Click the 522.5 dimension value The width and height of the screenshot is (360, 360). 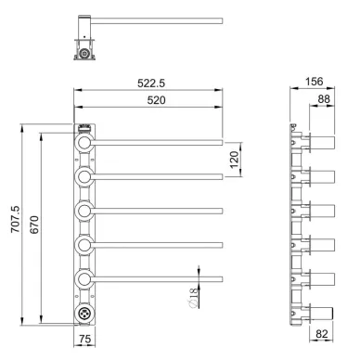tap(151, 83)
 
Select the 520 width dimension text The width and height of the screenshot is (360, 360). tap(156, 100)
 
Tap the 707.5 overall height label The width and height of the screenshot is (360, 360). tap(16, 219)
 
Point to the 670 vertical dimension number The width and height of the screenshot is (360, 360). tap(34, 225)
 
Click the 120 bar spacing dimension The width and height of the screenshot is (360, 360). tap(235, 160)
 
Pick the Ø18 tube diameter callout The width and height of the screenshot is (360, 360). tap(193, 298)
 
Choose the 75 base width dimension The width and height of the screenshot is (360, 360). tap(84, 339)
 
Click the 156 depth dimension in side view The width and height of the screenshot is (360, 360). tap(315, 82)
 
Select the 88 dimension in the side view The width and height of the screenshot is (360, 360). tap(324, 99)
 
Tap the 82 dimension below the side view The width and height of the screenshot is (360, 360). tap(322, 334)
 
